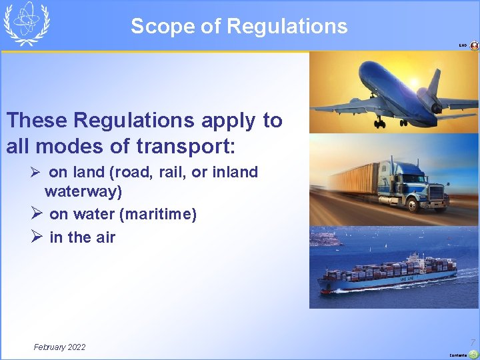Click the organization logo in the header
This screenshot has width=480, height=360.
[27, 23]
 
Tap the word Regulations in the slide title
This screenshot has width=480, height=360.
[287, 26]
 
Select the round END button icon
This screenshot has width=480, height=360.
[474, 46]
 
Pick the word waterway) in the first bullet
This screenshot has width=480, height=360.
[83, 191]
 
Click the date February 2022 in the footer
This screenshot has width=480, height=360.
[59, 347]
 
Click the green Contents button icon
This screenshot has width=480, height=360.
[473, 354]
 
